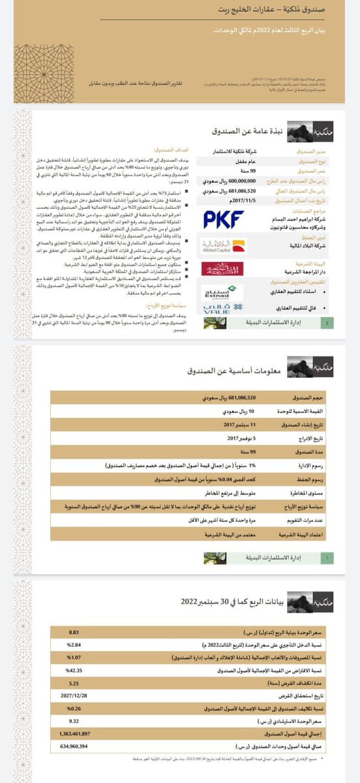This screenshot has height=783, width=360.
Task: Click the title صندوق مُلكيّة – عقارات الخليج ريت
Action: pos(267,11)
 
